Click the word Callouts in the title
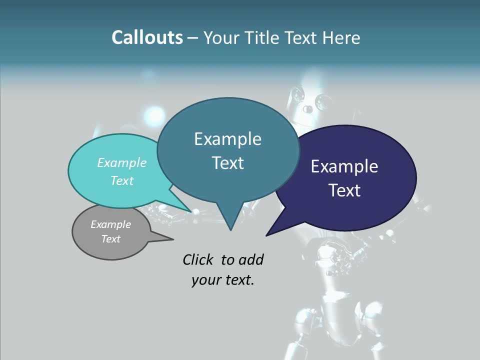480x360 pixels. click(x=147, y=37)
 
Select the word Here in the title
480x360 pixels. click(x=341, y=37)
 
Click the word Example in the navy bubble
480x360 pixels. click(x=344, y=166)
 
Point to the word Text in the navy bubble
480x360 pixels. click(x=344, y=190)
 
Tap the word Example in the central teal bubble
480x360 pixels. click(x=227, y=139)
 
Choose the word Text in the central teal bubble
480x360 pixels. click(x=227, y=163)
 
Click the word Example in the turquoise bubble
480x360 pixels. click(x=122, y=162)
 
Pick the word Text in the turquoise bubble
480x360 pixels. click(x=122, y=180)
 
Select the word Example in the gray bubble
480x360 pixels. click(x=110, y=224)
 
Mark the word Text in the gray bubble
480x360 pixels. click(x=110, y=239)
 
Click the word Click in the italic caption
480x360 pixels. click(x=198, y=259)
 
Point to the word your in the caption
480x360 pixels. click(x=205, y=280)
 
